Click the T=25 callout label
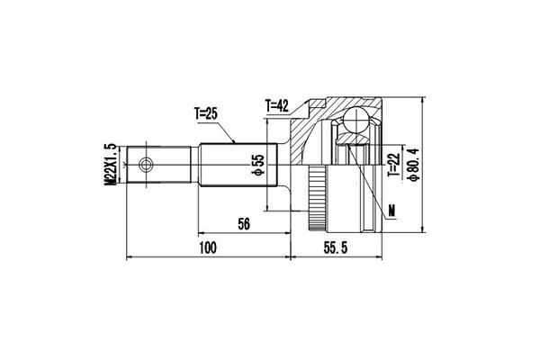[x=206, y=113]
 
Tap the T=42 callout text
[x=277, y=106]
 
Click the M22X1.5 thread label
[x=110, y=165]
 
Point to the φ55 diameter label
[x=258, y=165]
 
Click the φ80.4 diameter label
[x=413, y=164]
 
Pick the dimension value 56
[x=244, y=224]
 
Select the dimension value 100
[x=208, y=247]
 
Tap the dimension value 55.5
[x=336, y=247]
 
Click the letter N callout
[x=391, y=211]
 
